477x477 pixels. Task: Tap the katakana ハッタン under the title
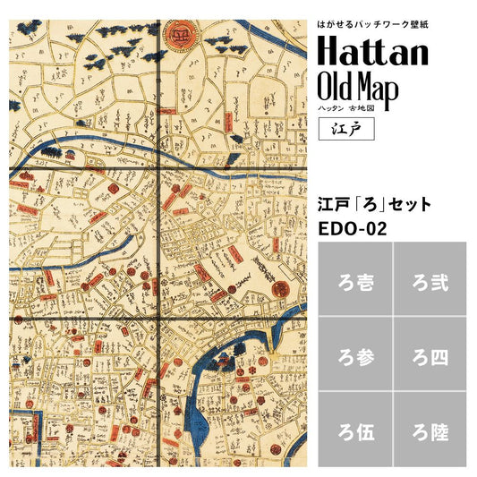(x=332, y=107)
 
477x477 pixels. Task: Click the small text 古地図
(x=362, y=107)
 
